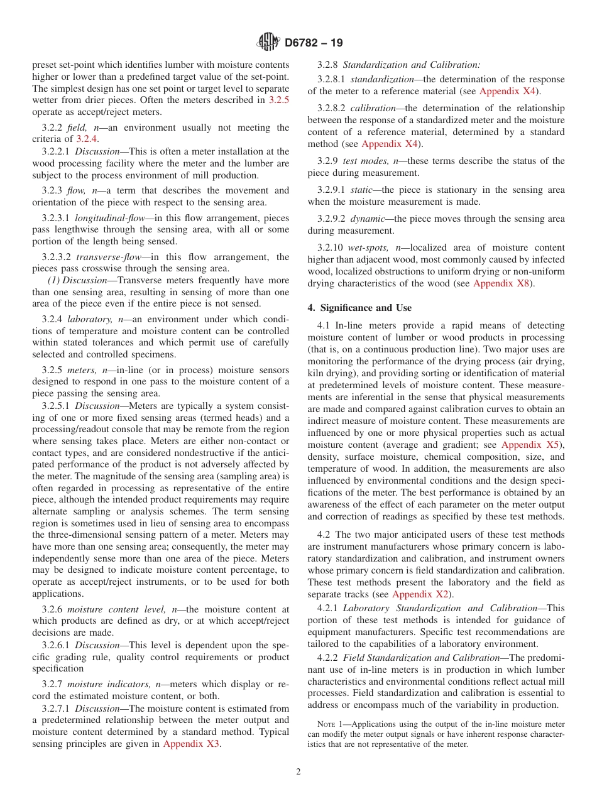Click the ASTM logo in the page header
pos(269,43)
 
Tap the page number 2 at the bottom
pos(298,772)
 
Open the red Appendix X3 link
pos(191,744)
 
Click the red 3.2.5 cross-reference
pos(278,100)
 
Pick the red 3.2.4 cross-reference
pos(87,139)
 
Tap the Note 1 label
pos(332,724)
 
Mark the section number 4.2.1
pos(327,608)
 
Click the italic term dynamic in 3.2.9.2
pos(368,219)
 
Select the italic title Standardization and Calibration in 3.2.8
pos(411,65)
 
